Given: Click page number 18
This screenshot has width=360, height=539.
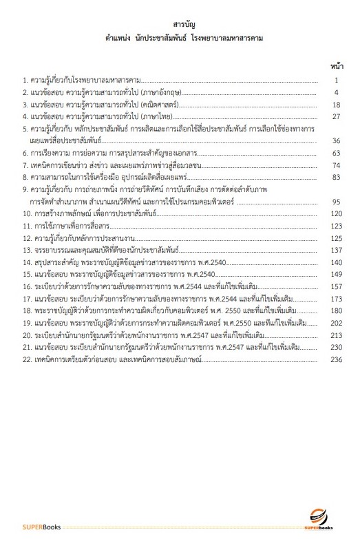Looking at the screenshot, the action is (336, 104).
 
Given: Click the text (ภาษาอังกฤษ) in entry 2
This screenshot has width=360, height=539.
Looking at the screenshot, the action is (159, 92).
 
